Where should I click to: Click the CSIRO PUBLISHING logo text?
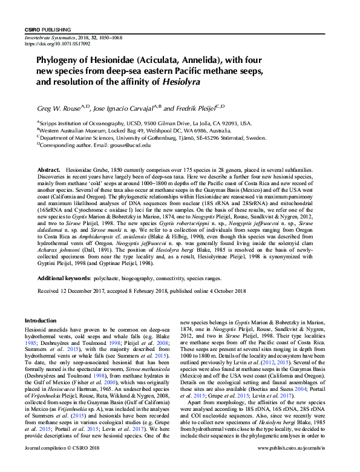pos(48,30)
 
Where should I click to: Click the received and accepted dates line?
pos(142,291)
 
